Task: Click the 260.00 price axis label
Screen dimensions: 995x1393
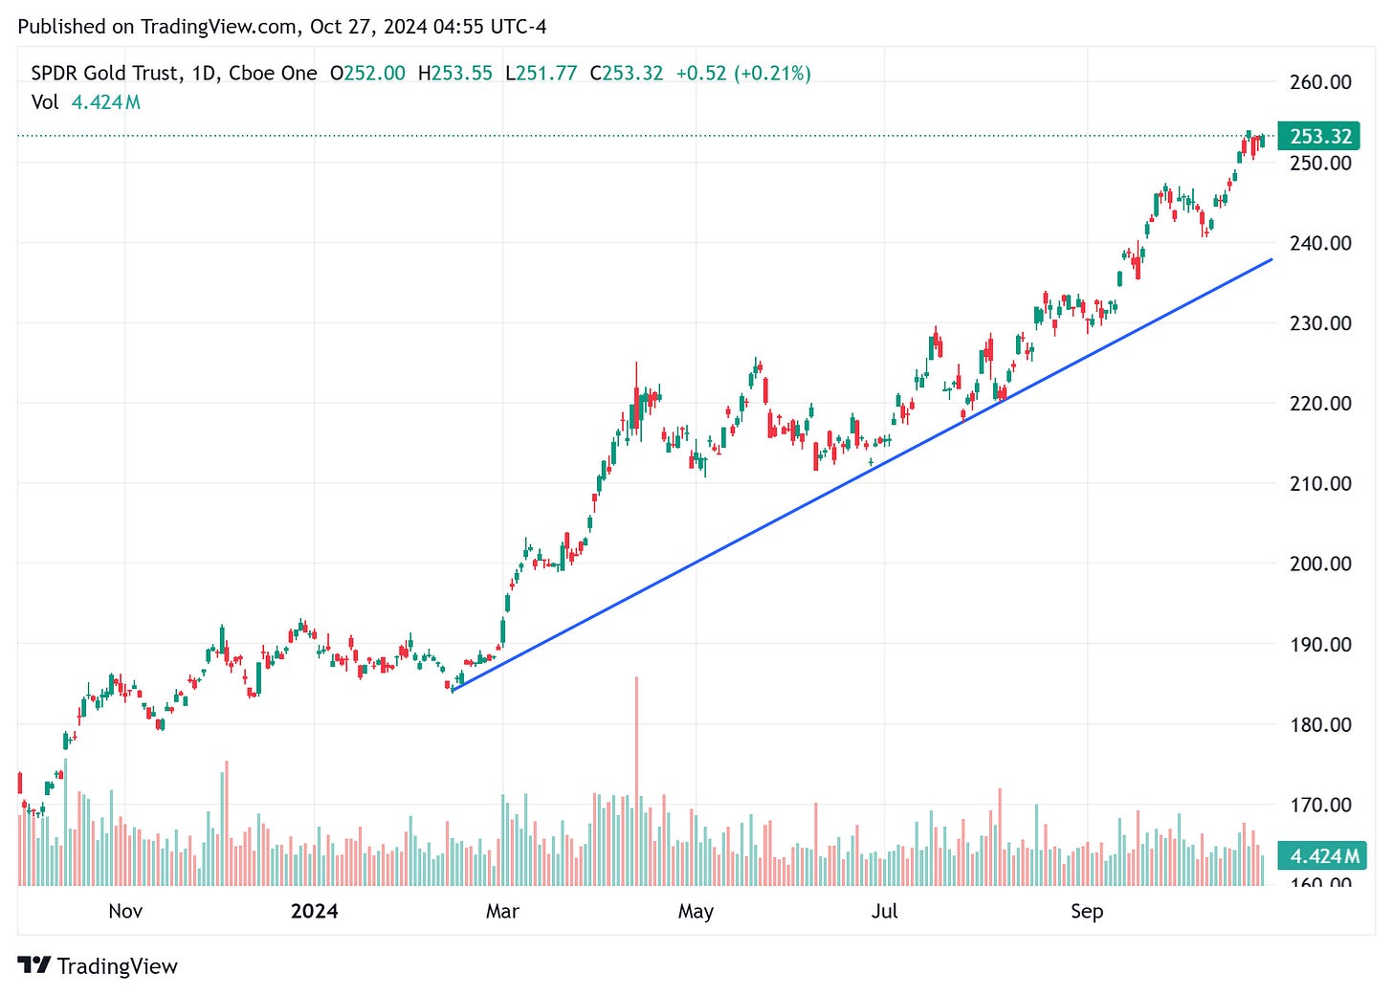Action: pos(1320,82)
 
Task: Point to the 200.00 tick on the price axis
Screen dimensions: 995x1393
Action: pos(1320,564)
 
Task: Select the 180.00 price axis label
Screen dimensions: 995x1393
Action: pos(1320,724)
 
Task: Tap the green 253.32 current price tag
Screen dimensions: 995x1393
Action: pos(1320,137)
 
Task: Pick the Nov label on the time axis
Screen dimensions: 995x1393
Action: pos(125,911)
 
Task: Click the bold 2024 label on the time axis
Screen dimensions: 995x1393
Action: pos(314,911)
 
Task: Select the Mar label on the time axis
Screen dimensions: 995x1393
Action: pos(502,911)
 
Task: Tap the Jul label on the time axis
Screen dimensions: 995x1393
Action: pos(884,911)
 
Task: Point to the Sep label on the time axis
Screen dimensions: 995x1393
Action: pos(1087,911)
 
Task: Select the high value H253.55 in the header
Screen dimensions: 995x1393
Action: pos(455,74)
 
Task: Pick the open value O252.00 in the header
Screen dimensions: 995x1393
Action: pos(367,74)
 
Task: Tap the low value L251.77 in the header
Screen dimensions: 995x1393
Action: pos(542,74)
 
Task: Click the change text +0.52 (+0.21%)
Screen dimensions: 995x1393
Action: pos(743,74)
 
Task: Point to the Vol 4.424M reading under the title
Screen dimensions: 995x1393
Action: pos(86,102)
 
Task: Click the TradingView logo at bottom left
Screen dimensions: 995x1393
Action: pos(99,966)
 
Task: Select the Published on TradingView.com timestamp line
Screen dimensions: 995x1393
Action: pos(282,27)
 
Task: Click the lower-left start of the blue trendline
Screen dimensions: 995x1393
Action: pos(453,689)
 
